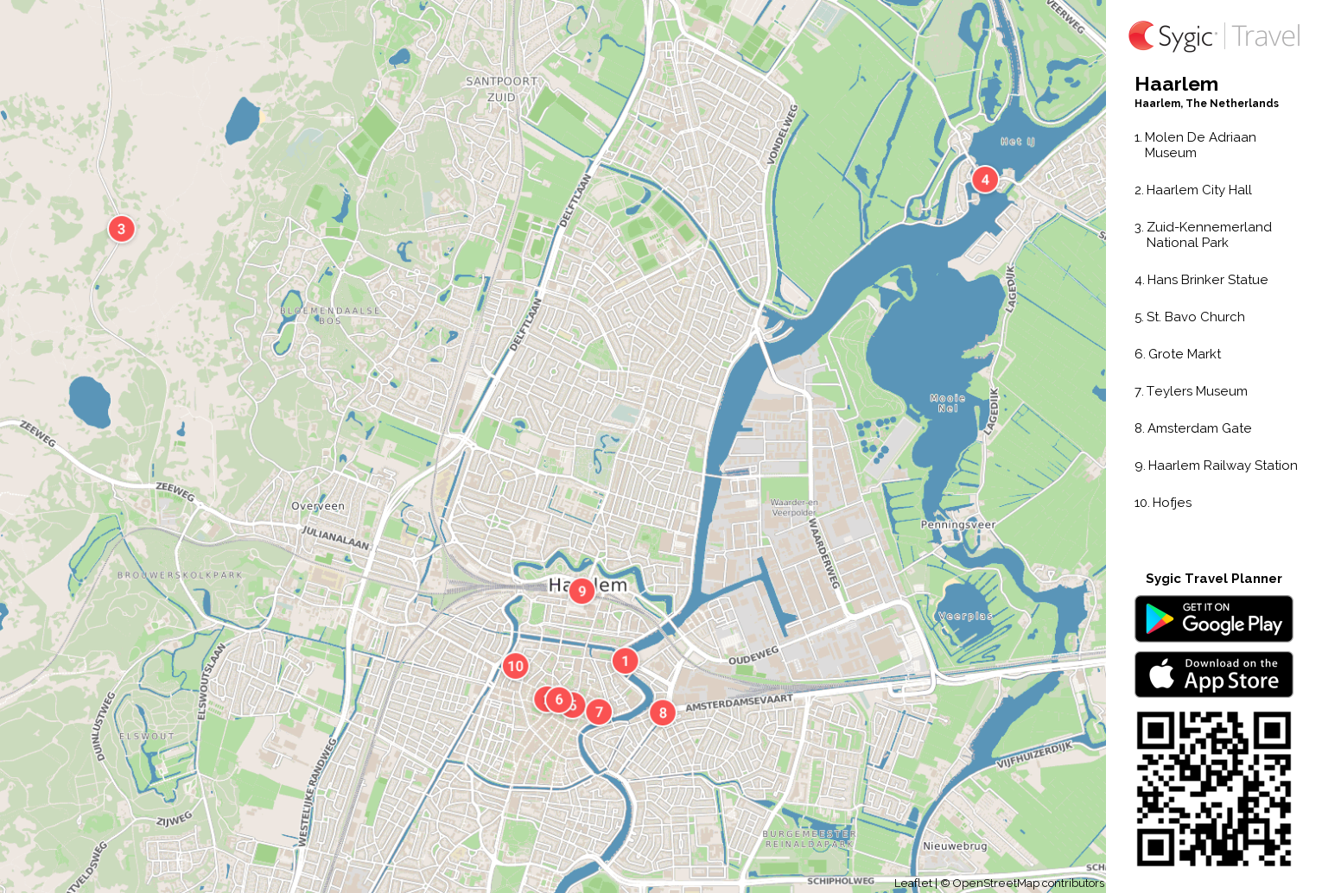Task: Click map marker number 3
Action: (x=121, y=229)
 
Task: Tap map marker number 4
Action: (x=985, y=180)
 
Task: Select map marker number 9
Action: (x=582, y=591)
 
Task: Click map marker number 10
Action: (x=516, y=666)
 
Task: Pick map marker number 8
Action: (x=663, y=712)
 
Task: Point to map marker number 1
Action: (x=625, y=662)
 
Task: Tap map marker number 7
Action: (x=599, y=712)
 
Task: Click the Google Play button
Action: (x=1213, y=618)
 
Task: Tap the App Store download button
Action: (x=1213, y=674)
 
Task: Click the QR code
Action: (x=1213, y=788)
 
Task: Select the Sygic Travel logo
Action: (x=1213, y=36)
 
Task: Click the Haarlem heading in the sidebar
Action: (x=1176, y=84)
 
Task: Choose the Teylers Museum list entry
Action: (x=1196, y=391)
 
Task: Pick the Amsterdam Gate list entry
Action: (x=1198, y=428)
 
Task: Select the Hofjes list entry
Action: (x=1171, y=503)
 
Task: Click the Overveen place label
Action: (x=318, y=506)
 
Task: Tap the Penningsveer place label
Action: (x=957, y=524)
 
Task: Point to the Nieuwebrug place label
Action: (x=955, y=845)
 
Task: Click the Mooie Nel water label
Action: (x=948, y=403)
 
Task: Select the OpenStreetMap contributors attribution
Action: (x=1027, y=883)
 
